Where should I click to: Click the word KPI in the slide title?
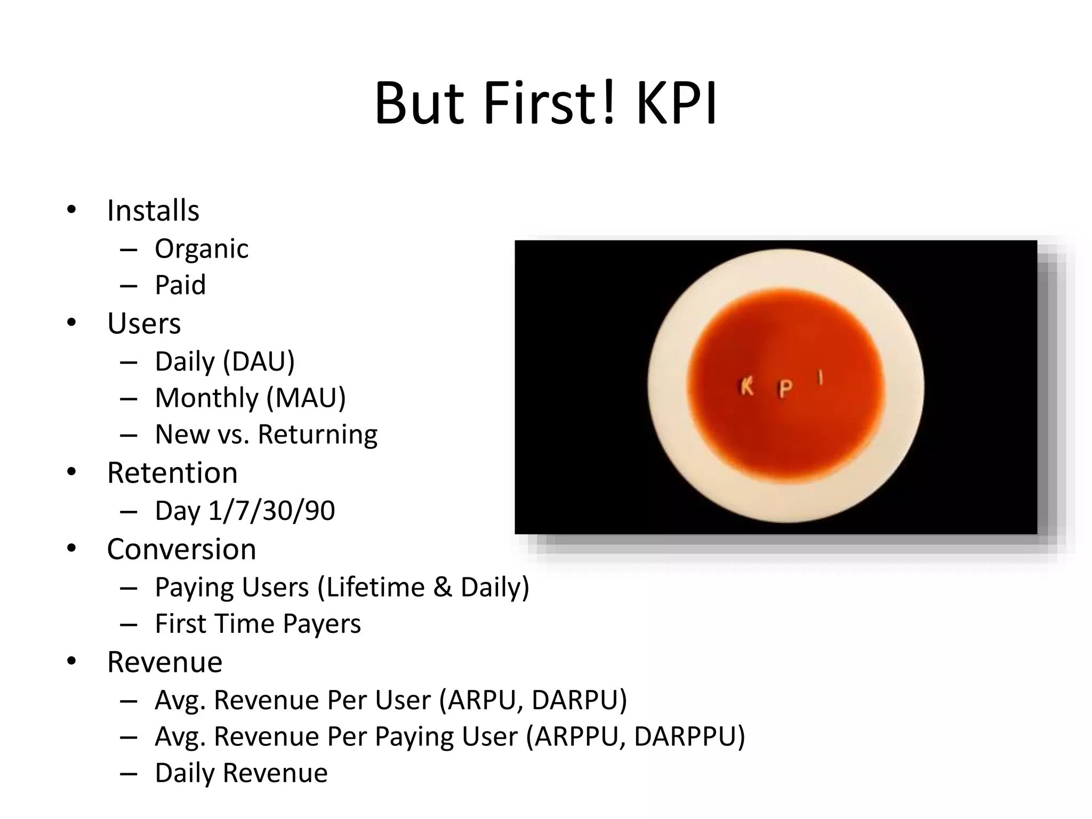click(x=676, y=104)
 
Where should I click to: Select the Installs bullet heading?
click(x=153, y=211)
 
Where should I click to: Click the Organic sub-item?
click(x=202, y=249)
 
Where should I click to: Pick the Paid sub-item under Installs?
click(x=180, y=285)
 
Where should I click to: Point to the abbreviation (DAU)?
click(x=259, y=362)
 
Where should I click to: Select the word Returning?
click(x=318, y=435)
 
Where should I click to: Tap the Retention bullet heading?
click(x=172, y=473)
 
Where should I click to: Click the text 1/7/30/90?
click(x=271, y=511)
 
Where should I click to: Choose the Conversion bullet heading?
click(x=181, y=549)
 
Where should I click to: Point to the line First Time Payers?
click(x=258, y=624)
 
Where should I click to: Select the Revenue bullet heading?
click(x=164, y=662)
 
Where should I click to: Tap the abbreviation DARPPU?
click(x=688, y=737)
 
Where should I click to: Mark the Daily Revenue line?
click(x=241, y=773)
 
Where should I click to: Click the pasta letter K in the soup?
click(x=747, y=387)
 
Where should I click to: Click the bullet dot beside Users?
click(x=71, y=323)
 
